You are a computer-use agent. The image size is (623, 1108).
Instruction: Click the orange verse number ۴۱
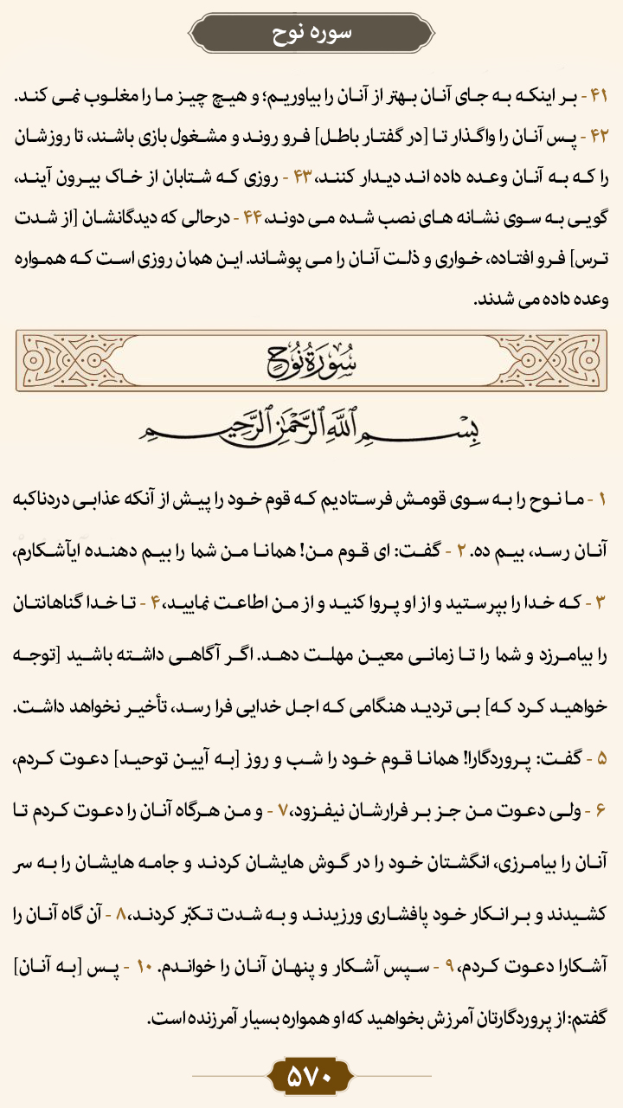[x=599, y=95]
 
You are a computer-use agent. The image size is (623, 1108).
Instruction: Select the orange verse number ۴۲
[x=599, y=136]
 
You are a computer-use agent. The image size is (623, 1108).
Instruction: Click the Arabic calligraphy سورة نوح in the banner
[x=311, y=358]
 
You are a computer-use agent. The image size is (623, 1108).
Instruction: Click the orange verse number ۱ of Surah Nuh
[x=603, y=500]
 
